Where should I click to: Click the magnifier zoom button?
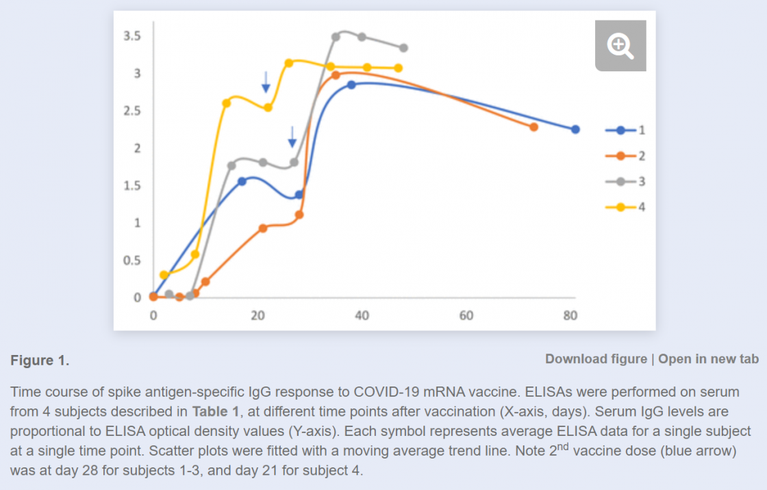[x=620, y=46]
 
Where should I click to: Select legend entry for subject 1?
[x=625, y=130]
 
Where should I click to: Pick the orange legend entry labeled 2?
[x=625, y=156]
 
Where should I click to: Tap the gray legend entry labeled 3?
[x=625, y=182]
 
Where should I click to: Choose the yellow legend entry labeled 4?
[x=625, y=207]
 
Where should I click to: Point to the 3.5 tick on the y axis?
[x=132, y=36]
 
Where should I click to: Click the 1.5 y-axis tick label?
[x=132, y=186]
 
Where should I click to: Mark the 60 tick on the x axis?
[x=466, y=315]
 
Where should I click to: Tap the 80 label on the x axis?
[x=570, y=315]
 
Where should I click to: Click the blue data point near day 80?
[x=575, y=130]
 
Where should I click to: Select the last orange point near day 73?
[x=534, y=127]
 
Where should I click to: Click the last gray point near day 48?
[x=403, y=48]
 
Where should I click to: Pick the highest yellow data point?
[x=289, y=63]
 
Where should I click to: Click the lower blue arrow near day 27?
[x=292, y=136]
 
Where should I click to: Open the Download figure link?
[x=596, y=359]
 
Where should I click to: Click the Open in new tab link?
[x=708, y=359]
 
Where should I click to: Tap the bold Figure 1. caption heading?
[x=40, y=360]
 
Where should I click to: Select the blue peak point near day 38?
[x=351, y=85]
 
